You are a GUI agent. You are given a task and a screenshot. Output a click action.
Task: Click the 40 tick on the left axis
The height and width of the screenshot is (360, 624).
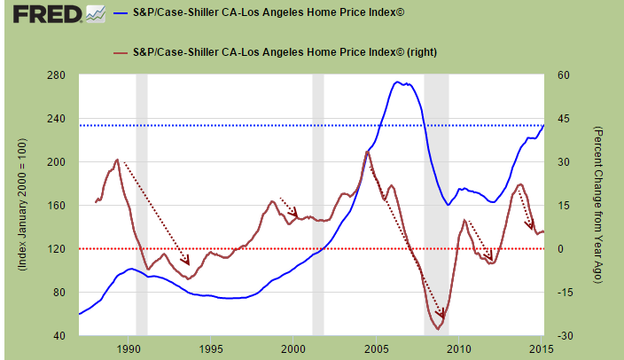[60, 336]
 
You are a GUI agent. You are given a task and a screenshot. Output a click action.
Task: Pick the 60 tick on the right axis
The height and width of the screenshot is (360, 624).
[561, 75]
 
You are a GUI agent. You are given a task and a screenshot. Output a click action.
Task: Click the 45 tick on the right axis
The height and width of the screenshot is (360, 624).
[561, 119]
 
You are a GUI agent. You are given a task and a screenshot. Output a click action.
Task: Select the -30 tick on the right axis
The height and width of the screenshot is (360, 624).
[564, 336]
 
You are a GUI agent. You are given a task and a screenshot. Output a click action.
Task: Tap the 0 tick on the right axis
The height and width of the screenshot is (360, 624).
[558, 249]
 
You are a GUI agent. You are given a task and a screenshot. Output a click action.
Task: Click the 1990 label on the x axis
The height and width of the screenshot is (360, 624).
[130, 348]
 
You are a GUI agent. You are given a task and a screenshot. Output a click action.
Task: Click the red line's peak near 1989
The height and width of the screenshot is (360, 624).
[117, 160]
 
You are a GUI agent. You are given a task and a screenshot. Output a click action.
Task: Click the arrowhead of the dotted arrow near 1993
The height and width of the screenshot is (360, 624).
[187, 261]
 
